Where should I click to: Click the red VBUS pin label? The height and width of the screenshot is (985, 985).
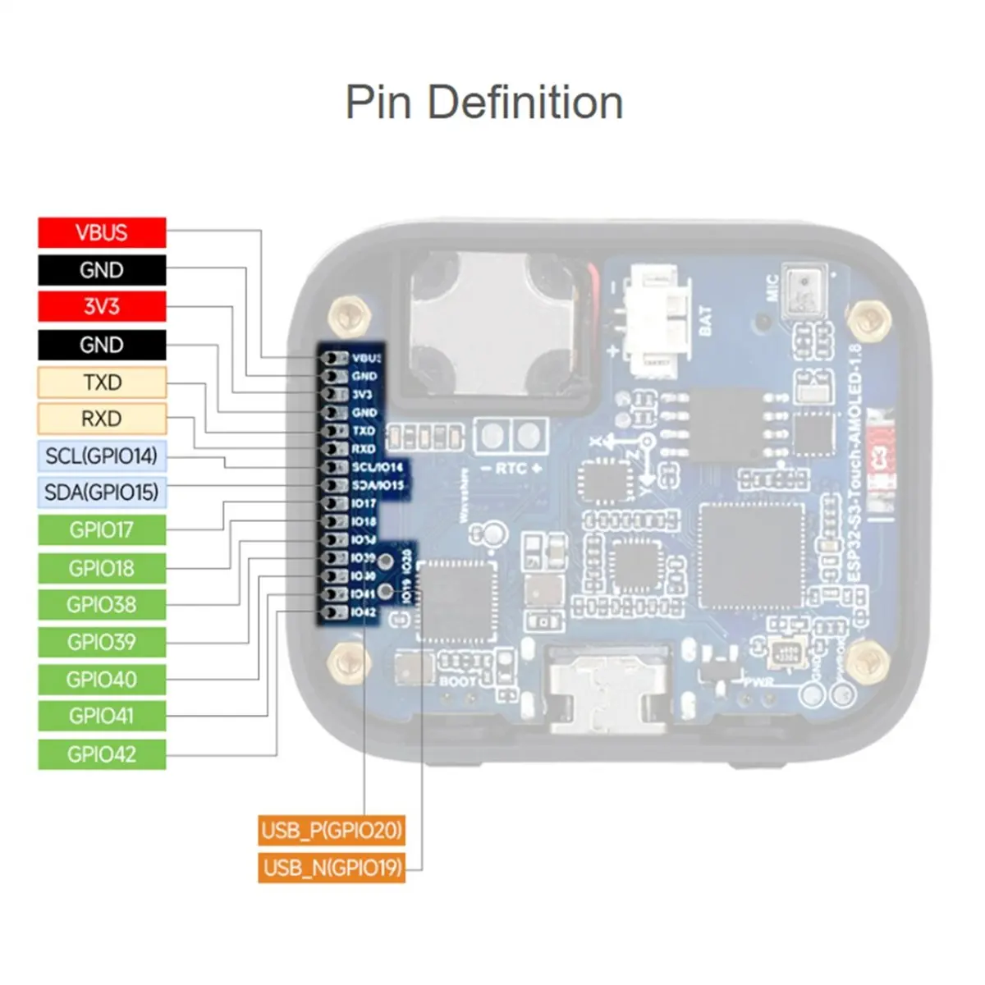pyautogui.click(x=102, y=232)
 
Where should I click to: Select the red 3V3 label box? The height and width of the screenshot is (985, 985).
pyautogui.click(x=102, y=307)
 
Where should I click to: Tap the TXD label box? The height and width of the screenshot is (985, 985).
pyautogui.click(x=102, y=383)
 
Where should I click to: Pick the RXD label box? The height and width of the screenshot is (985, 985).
pyautogui.click(x=102, y=419)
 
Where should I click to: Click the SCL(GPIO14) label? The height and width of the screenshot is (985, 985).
pyautogui.click(x=102, y=456)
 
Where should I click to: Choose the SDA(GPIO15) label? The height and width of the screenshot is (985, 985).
pyautogui.click(x=102, y=492)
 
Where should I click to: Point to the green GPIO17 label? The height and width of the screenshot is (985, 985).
pyautogui.click(x=102, y=530)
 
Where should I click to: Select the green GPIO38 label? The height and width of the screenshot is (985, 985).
pyautogui.click(x=102, y=605)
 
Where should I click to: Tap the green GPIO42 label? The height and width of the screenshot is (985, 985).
pyautogui.click(x=102, y=754)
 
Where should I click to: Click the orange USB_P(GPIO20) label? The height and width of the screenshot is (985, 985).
pyautogui.click(x=332, y=830)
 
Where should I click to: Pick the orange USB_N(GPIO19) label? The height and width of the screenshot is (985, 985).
pyautogui.click(x=332, y=867)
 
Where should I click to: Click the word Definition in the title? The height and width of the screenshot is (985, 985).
pyautogui.click(x=525, y=103)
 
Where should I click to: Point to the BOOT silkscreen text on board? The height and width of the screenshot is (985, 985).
pyautogui.click(x=457, y=680)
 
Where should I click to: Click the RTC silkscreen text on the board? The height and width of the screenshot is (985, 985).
pyautogui.click(x=511, y=468)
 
